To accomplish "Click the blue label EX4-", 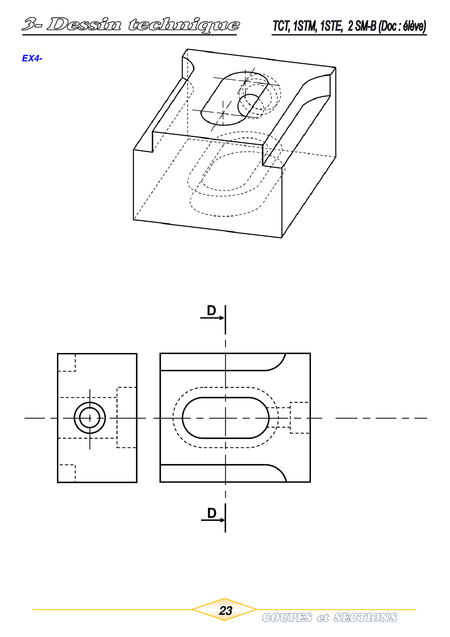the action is point(32,58).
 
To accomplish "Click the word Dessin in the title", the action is point(84,24).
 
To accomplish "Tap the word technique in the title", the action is point(184,25).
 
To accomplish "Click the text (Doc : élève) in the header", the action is point(402,26).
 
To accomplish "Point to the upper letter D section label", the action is point(211,311).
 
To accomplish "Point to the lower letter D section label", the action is point(212,513).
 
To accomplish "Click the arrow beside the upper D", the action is point(212,318).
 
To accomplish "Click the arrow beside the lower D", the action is point(213,520).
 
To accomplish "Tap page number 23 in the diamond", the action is point(225,611).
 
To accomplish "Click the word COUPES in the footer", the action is point(287,617).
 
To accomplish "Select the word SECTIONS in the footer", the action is point(365,617).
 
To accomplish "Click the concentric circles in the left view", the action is point(90,418).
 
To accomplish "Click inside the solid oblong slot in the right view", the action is point(225,418).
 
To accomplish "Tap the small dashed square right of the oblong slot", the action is point(300,418).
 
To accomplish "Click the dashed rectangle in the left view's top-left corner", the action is point(67,362).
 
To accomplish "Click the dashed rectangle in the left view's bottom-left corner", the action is point(67,473).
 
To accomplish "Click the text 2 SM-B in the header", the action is point(362,26).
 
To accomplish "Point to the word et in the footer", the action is point(323,618).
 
